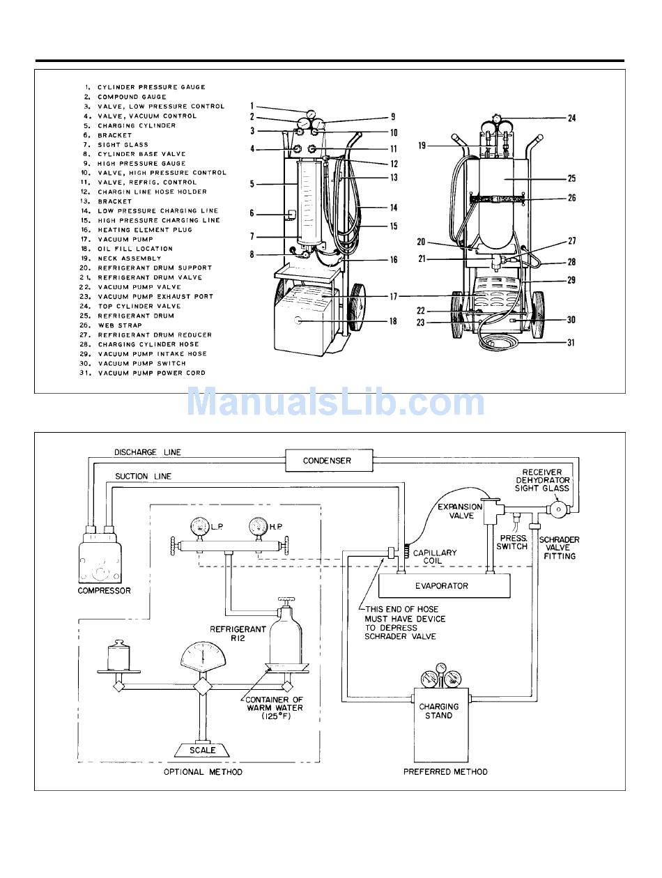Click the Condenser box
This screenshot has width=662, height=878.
point(327,461)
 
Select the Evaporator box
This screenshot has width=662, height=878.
point(442,586)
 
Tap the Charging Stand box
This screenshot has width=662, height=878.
point(439,711)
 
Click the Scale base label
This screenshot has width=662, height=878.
point(202,750)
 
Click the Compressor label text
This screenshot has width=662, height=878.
point(105,591)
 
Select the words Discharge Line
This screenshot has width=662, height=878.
point(147,453)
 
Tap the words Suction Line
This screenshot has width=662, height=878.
point(143,477)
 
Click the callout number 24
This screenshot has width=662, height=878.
point(571,118)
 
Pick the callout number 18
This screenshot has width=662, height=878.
point(393,321)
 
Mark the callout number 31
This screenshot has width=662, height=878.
point(571,343)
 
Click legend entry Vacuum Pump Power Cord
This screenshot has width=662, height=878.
point(151,373)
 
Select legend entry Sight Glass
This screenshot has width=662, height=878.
point(123,145)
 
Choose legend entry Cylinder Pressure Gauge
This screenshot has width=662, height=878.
point(151,87)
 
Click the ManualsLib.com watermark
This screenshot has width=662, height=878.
point(335,403)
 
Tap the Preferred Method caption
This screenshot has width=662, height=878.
point(445,772)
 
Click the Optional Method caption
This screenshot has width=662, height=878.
point(203,772)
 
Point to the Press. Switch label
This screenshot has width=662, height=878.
point(512,543)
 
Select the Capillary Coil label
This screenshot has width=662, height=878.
point(435,557)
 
